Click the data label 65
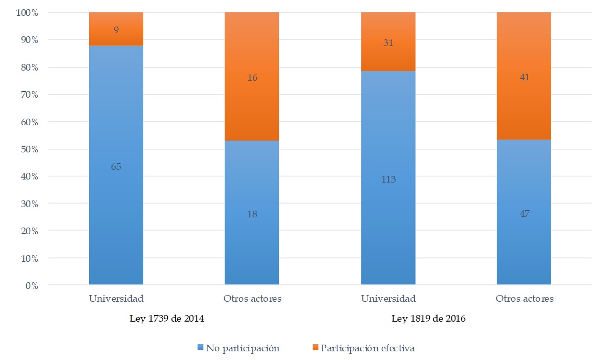116,167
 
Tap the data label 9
116,30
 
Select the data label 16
252,78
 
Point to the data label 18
252,214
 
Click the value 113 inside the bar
388,179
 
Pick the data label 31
388,43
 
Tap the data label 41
524,78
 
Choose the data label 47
524,214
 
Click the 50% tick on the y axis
28,149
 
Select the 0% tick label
32,286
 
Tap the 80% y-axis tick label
28,67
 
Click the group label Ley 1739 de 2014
167,319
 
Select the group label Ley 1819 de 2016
428,319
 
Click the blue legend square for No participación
201,348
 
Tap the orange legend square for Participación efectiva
315,348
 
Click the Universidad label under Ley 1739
116,299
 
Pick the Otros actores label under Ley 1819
524,299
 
